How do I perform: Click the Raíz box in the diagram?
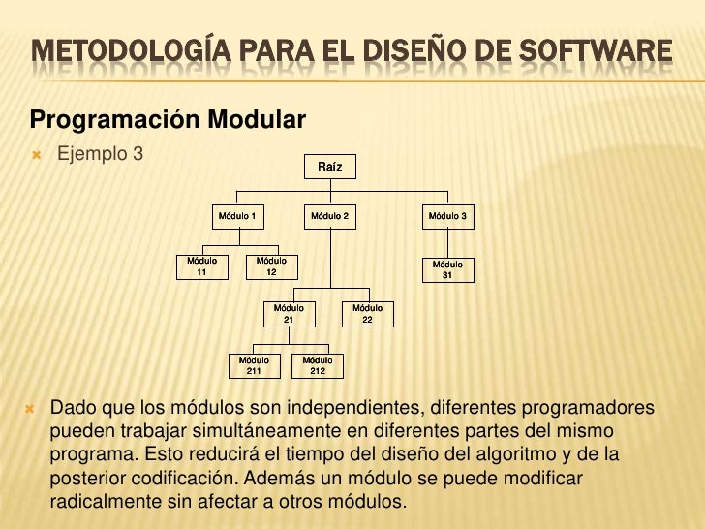click(x=329, y=168)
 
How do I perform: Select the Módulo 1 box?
click(x=236, y=215)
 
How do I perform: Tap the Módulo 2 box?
click(x=329, y=215)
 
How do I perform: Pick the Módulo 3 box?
click(x=447, y=215)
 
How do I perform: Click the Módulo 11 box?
click(x=201, y=266)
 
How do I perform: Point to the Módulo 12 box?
click(x=271, y=266)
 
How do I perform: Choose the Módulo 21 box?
click(x=289, y=313)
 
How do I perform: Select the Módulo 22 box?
click(x=367, y=313)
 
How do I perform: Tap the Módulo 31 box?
click(x=447, y=269)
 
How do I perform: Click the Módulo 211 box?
click(x=254, y=364)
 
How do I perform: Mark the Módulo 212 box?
click(x=318, y=364)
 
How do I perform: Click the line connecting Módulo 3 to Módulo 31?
click(x=447, y=242)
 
